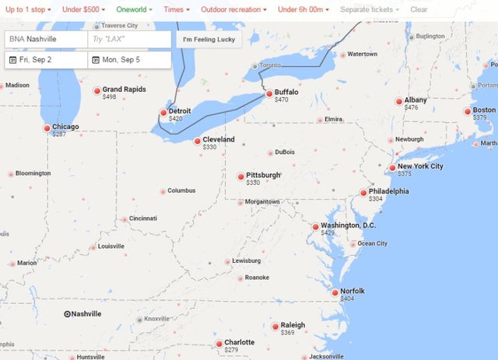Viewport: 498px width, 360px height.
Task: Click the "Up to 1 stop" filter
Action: [27, 9]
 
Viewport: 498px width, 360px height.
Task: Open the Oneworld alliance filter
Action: [135, 9]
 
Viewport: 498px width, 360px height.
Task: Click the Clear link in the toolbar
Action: [419, 9]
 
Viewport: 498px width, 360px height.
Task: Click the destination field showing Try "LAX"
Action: [129, 39]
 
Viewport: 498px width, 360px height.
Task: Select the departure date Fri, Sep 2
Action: [46, 60]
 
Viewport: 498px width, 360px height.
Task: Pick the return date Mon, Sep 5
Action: [129, 60]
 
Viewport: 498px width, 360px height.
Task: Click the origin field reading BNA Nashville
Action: [46, 39]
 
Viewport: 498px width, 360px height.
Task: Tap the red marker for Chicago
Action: [47, 128]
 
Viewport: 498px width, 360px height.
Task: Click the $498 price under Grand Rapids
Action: [109, 97]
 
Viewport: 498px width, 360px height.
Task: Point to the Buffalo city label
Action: [286, 92]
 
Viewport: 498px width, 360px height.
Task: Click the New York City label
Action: [420, 166]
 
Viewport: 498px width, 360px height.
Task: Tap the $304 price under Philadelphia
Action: [375, 199]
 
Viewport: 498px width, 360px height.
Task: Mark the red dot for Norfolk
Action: [335, 293]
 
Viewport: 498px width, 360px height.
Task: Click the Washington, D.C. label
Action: [348, 225]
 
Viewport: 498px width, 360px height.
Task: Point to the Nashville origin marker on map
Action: [67, 314]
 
